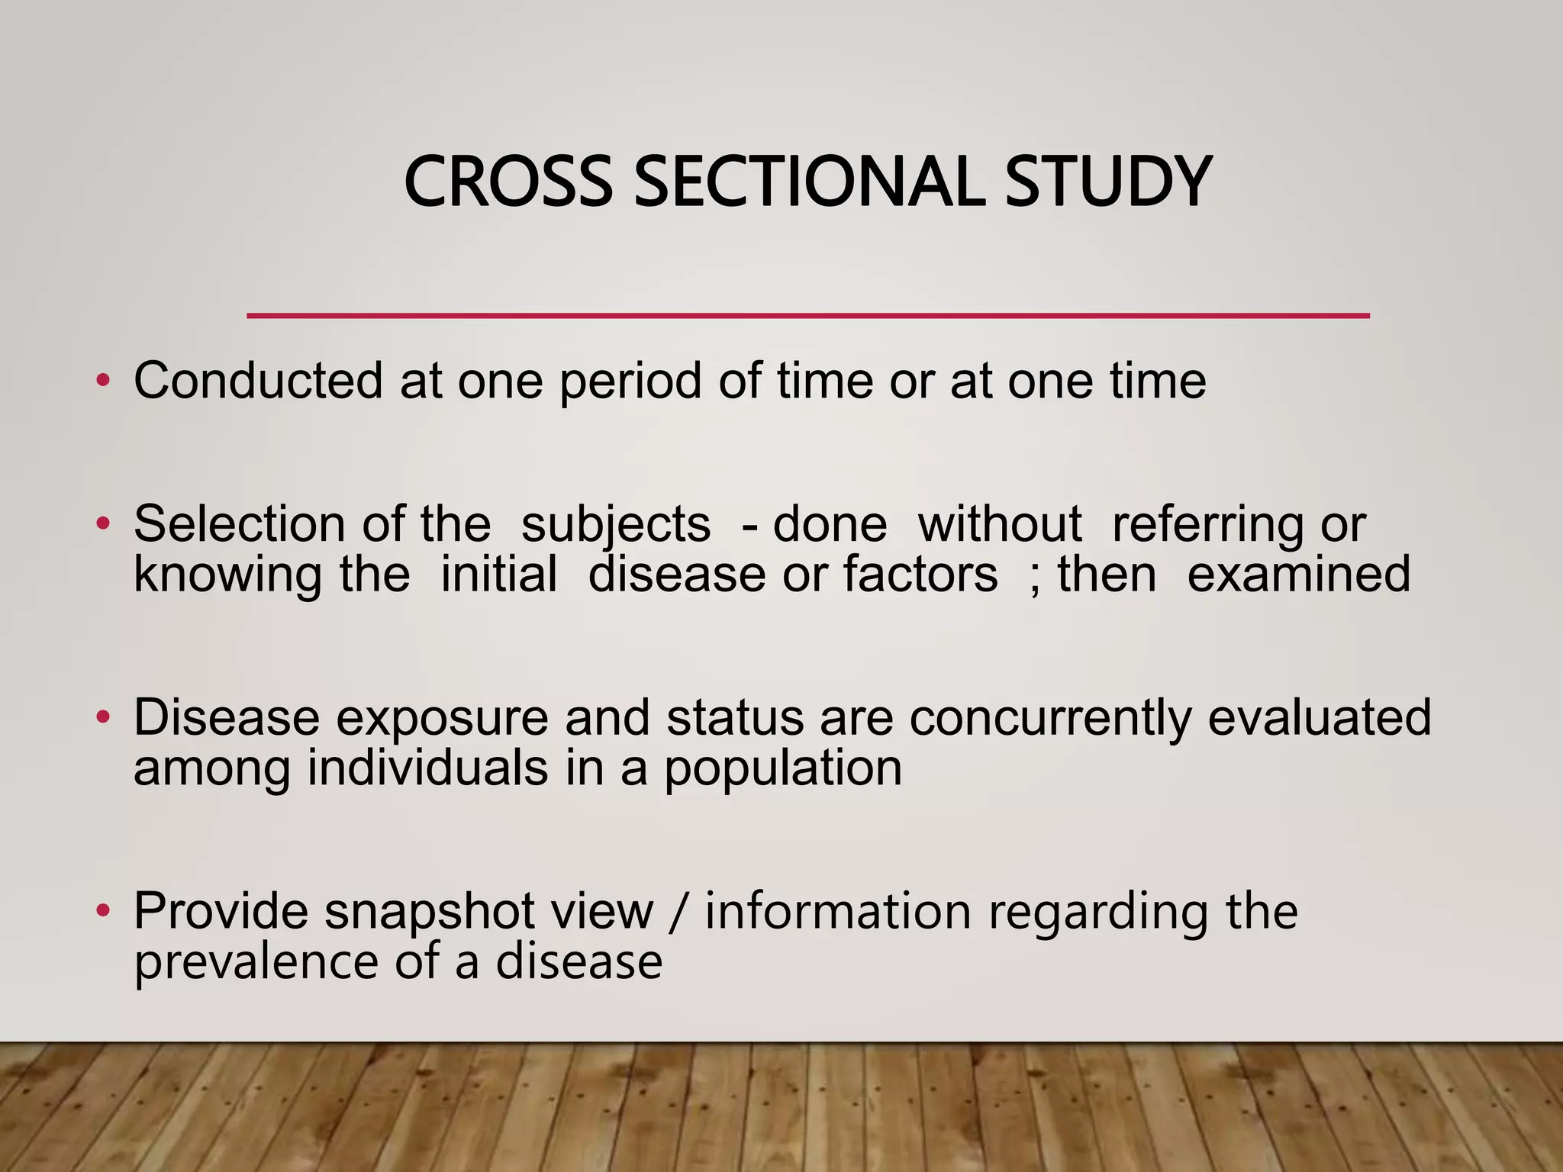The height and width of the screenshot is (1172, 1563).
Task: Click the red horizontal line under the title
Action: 807,315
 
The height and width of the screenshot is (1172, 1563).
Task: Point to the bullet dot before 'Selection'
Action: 103,524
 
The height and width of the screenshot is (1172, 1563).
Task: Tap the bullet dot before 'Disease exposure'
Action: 103,717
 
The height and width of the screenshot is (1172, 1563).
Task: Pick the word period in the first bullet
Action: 630,382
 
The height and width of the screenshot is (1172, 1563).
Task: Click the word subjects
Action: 615,526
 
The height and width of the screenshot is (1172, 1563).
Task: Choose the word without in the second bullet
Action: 999,524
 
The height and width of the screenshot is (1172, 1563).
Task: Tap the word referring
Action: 1207,526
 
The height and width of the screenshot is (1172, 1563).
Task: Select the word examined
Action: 1298,574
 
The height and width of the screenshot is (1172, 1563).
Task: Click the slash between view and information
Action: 678,912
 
